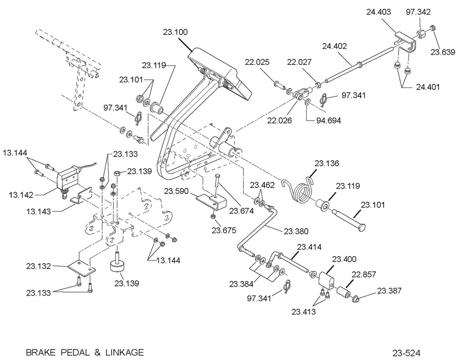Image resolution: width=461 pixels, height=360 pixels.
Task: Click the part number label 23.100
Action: [x=175, y=32]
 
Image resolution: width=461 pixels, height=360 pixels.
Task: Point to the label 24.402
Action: [x=334, y=46]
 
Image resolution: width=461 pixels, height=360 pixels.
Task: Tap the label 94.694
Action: [x=328, y=121]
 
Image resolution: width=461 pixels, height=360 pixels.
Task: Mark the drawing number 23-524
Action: [x=406, y=353]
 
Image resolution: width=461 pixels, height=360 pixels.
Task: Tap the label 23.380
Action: [x=296, y=231]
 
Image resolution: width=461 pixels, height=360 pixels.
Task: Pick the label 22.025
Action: [x=257, y=62]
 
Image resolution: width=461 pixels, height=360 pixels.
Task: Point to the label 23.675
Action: [x=224, y=230]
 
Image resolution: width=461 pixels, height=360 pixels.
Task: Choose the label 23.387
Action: [x=389, y=291]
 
